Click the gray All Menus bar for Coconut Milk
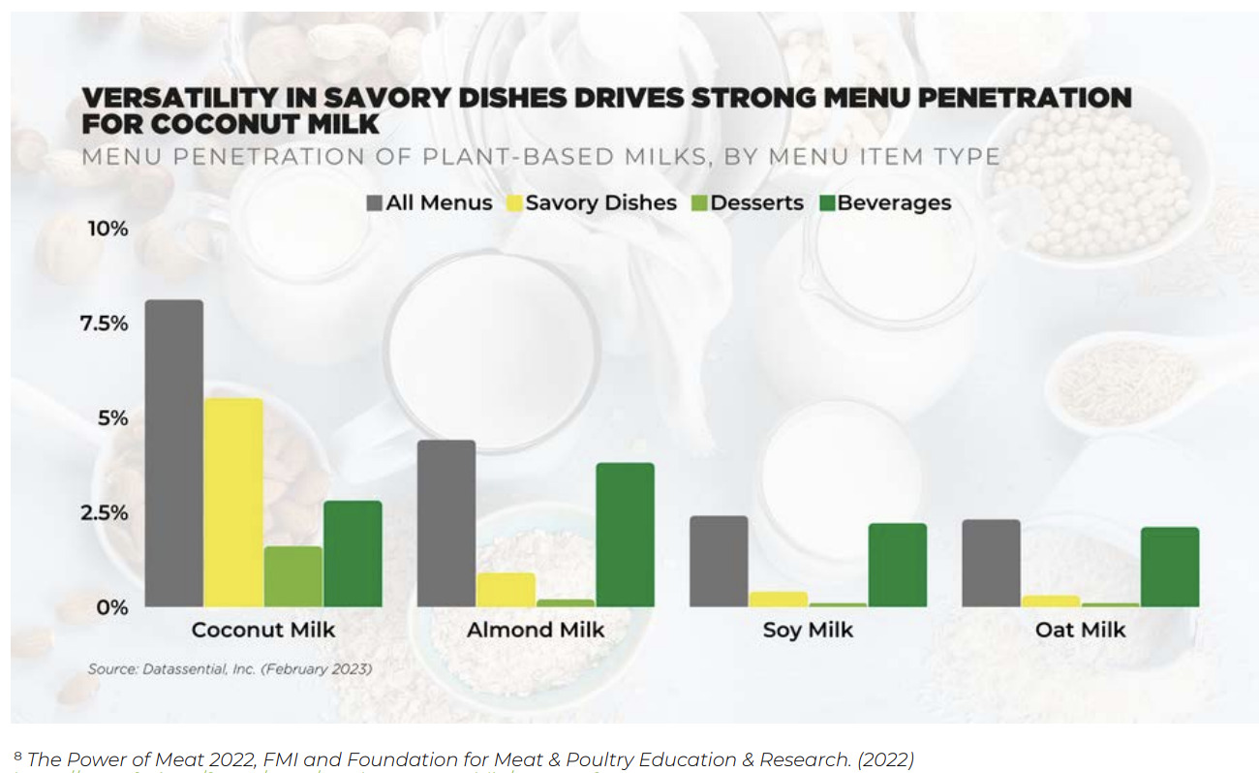pos(174,453)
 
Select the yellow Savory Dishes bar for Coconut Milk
pos(233,502)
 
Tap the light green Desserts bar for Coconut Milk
pos(292,576)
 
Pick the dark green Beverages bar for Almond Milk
pos(625,535)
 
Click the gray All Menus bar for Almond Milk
pos(445,523)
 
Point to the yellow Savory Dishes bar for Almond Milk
pos(506,589)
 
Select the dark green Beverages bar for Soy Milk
pos(897,565)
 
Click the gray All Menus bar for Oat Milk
pos(991,563)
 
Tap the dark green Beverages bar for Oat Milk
pos(1169,567)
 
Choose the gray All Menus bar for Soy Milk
pos(719,561)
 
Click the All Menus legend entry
pos(429,202)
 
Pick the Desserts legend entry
pos(748,202)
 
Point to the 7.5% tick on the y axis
pos(104,324)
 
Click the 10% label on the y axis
pos(107,229)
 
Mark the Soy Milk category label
pos(808,630)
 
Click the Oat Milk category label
pos(1081,630)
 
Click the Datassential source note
pos(230,668)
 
